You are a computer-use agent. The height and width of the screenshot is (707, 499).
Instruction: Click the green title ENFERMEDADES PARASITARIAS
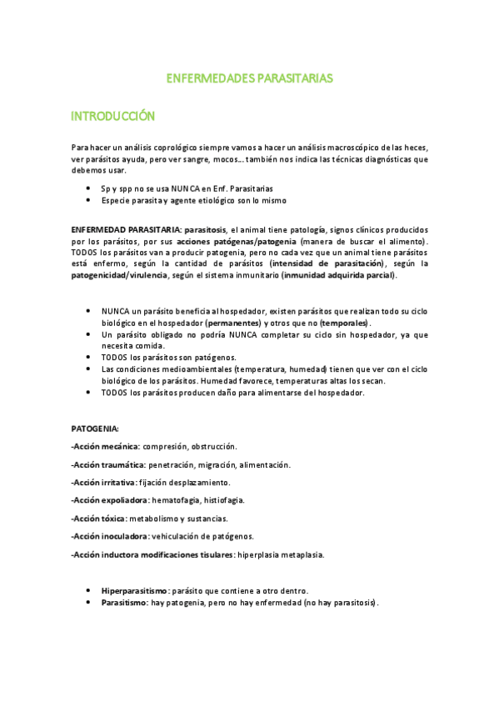click(x=249, y=78)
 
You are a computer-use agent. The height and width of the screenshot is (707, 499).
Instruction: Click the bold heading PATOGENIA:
click(x=95, y=428)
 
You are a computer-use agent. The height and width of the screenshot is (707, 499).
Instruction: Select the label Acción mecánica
click(x=105, y=446)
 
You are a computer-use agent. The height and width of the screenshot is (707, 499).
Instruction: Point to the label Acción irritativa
click(x=104, y=482)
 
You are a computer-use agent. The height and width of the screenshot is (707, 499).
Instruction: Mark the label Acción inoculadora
click(x=111, y=536)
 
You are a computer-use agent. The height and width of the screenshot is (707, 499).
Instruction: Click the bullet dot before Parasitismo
click(x=89, y=602)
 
